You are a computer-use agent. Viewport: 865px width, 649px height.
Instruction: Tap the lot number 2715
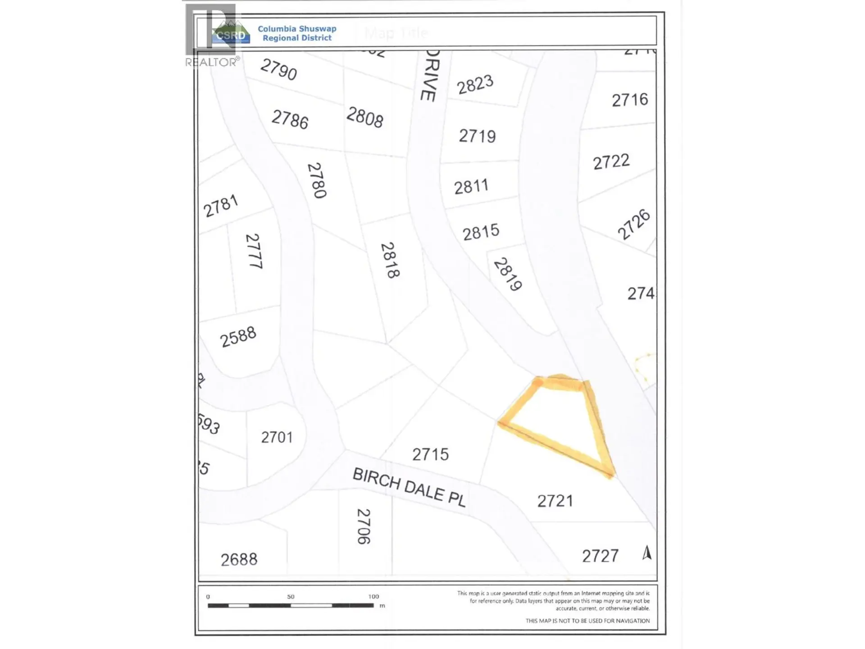point(430,454)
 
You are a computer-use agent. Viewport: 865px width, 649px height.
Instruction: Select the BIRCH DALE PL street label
point(409,487)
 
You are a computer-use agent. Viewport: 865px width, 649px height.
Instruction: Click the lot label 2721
point(555,501)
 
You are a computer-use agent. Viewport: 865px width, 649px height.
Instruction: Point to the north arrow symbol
point(647,553)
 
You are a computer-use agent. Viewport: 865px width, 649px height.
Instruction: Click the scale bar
point(291,605)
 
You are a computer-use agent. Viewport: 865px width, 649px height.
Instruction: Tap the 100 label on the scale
point(373,596)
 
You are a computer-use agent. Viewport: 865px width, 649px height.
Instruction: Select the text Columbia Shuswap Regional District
point(297,33)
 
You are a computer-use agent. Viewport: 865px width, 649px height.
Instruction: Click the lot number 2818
point(390,261)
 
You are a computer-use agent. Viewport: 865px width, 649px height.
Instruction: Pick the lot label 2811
point(471,186)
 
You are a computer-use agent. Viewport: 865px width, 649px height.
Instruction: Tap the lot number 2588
point(238,337)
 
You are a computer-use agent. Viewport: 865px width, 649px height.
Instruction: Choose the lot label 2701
point(277,437)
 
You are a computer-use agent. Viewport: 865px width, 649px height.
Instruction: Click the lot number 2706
point(364,526)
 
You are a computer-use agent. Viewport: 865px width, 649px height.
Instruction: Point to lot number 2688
point(239,559)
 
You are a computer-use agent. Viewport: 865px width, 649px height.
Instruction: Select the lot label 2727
point(600,556)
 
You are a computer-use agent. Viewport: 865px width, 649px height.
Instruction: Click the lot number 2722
point(611,162)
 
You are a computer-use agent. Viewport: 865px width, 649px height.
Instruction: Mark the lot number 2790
point(278,69)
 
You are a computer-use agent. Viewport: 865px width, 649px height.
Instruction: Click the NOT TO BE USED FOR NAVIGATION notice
point(587,621)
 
